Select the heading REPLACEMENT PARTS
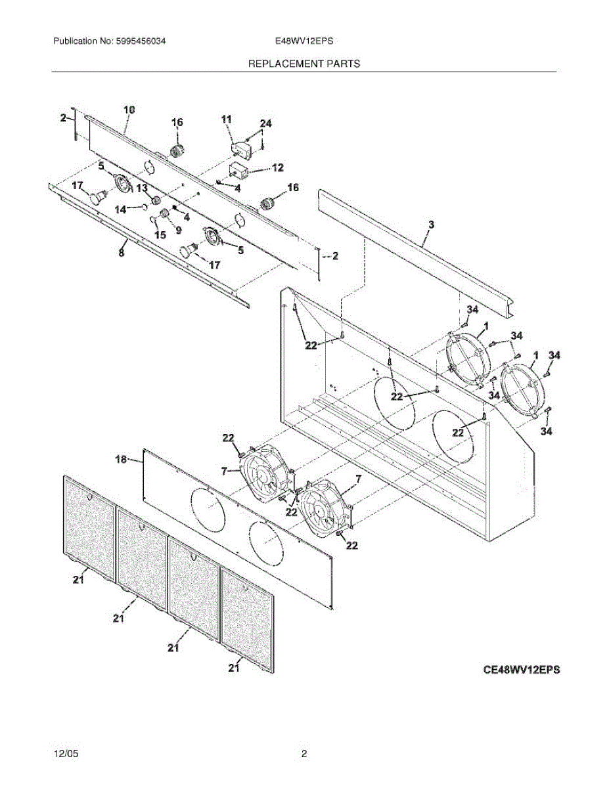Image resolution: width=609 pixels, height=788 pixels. [304, 64]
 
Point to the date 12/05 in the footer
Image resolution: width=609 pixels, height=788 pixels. [64, 755]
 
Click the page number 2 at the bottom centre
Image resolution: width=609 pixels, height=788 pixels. [304, 755]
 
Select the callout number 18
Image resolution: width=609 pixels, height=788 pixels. [122, 460]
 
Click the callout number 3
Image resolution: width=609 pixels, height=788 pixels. [431, 225]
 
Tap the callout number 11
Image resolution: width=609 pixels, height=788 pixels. [227, 119]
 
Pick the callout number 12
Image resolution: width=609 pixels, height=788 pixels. [277, 168]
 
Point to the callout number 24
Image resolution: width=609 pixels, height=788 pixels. [265, 123]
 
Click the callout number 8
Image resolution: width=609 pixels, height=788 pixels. [121, 252]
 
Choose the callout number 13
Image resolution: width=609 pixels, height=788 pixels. [143, 189]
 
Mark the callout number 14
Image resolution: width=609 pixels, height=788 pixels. [120, 209]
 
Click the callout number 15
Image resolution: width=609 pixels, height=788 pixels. [160, 234]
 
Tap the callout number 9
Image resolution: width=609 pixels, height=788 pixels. [177, 230]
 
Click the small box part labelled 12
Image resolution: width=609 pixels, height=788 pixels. [237, 172]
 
